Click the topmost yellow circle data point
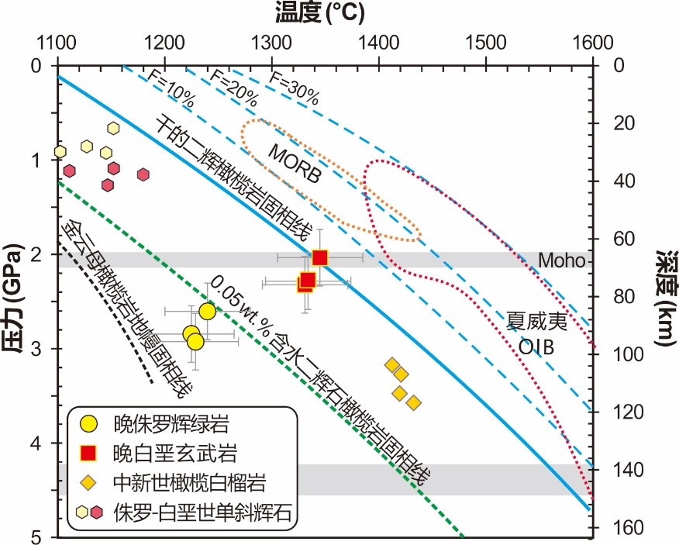coord(207,312)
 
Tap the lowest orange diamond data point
coord(414,402)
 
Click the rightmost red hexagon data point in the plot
coord(143,174)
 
